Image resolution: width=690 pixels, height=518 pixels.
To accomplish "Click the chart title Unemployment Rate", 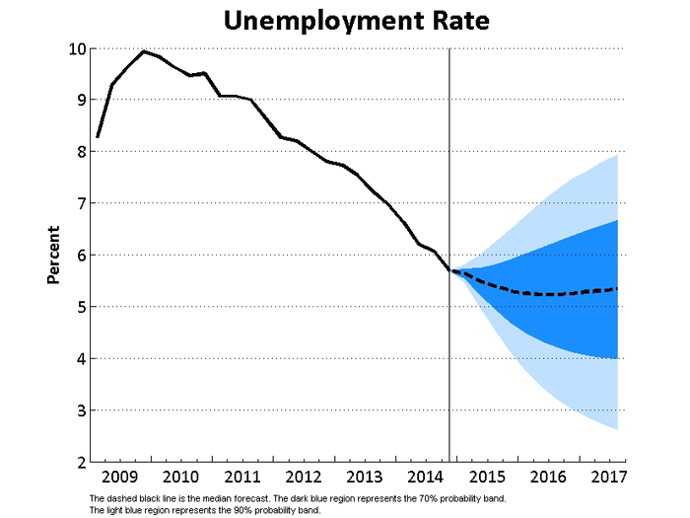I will tap(355, 20).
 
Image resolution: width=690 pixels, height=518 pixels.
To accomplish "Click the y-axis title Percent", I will tap(55, 255).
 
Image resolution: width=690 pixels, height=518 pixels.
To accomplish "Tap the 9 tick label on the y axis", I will tap(78, 100).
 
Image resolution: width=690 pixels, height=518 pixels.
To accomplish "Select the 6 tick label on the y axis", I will tap(78, 255).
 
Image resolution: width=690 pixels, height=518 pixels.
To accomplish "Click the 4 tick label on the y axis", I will tap(78, 358).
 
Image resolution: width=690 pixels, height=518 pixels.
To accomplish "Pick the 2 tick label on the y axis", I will tap(78, 462).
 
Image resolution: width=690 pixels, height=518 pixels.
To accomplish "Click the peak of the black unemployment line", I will tap(144, 51).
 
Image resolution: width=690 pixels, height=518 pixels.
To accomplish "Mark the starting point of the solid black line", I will tap(98, 136).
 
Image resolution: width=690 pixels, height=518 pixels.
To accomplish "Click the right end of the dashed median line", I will tap(617, 289).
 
